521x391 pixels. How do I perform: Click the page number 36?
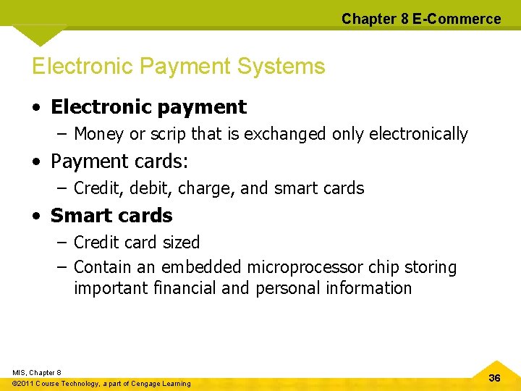tap(495, 379)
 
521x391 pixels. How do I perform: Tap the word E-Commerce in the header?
tap(457, 19)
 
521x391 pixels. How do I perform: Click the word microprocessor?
tap(305, 267)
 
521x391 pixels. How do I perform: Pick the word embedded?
tap(201, 267)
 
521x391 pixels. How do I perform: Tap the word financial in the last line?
tap(184, 288)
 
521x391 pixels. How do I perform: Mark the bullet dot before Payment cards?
tap(35, 161)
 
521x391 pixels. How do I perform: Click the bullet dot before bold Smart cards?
tap(35, 216)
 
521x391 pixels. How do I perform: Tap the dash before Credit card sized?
tap(62, 243)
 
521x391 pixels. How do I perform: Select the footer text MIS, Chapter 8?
tap(37, 372)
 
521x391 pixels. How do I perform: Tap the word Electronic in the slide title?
tap(82, 67)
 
